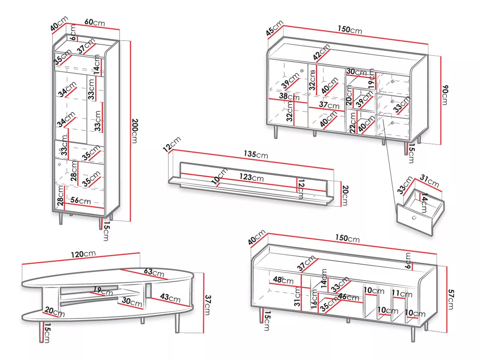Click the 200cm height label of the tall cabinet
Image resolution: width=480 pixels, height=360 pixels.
(135, 131)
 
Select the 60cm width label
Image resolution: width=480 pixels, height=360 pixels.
(94, 22)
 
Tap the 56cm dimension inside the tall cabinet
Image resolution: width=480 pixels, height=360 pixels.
(80, 201)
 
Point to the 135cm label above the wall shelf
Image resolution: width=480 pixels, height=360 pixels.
(256, 154)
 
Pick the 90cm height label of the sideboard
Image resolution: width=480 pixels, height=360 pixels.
(445, 95)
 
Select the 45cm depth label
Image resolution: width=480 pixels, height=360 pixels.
(274, 28)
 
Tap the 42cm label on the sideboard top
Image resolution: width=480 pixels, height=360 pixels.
(321, 52)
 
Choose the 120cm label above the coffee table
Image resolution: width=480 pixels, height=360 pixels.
(83, 254)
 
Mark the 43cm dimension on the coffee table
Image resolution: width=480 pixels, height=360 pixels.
(170, 298)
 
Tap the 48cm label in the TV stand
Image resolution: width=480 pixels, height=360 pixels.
(283, 280)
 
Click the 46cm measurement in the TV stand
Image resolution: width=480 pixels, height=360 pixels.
(348, 297)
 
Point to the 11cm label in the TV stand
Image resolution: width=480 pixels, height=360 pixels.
(402, 293)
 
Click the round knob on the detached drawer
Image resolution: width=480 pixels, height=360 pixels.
(414, 218)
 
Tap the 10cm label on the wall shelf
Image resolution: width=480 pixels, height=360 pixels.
(219, 176)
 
